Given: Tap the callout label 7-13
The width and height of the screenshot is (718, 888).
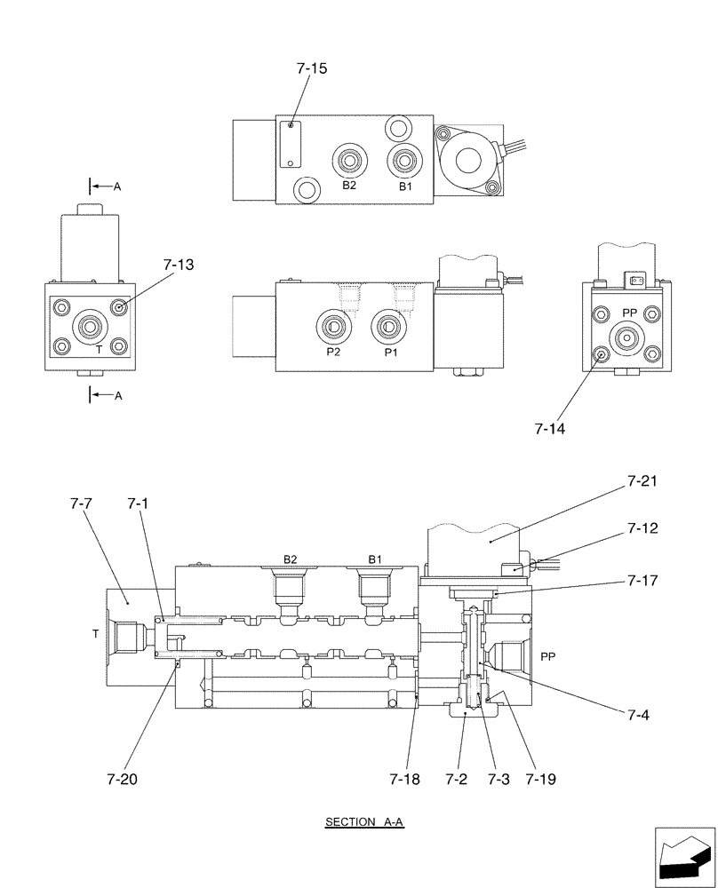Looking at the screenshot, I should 179,265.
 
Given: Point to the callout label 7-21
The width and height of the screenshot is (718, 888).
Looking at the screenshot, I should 642,482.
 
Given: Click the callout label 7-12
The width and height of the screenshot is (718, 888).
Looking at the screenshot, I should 642,529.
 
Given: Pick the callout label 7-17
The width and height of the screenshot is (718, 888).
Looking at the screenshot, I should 642,583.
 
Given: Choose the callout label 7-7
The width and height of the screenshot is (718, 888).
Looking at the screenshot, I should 82,503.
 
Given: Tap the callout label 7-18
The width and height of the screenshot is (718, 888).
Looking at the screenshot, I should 404,780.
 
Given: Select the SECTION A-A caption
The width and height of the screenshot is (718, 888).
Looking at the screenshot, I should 364,822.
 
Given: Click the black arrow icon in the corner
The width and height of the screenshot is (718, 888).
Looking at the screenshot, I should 684,857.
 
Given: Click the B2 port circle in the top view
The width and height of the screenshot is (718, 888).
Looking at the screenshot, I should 348,163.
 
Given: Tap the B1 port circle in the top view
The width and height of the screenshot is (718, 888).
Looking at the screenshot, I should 404,163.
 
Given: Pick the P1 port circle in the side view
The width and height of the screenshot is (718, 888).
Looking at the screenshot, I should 388,327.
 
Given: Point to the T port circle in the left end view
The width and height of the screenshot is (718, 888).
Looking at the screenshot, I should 90,328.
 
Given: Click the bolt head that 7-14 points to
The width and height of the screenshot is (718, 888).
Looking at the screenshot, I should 602,356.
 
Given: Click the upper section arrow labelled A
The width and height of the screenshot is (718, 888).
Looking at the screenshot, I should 102,186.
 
